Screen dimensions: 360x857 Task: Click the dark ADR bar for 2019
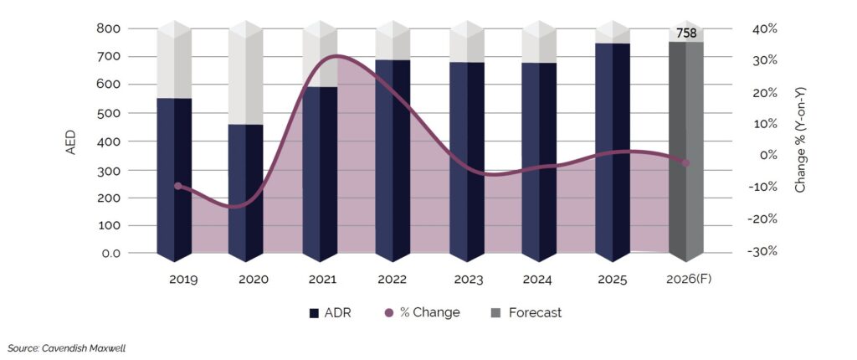pyautogui.click(x=174, y=180)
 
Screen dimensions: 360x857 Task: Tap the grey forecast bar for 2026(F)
pyautogui.click(x=685, y=151)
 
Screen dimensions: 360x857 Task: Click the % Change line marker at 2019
pyautogui.click(x=177, y=186)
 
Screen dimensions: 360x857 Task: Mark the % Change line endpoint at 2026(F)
pyautogui.click(x=685, y=163)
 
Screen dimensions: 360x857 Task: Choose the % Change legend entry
pyautogui.click(x=422, y=313)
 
